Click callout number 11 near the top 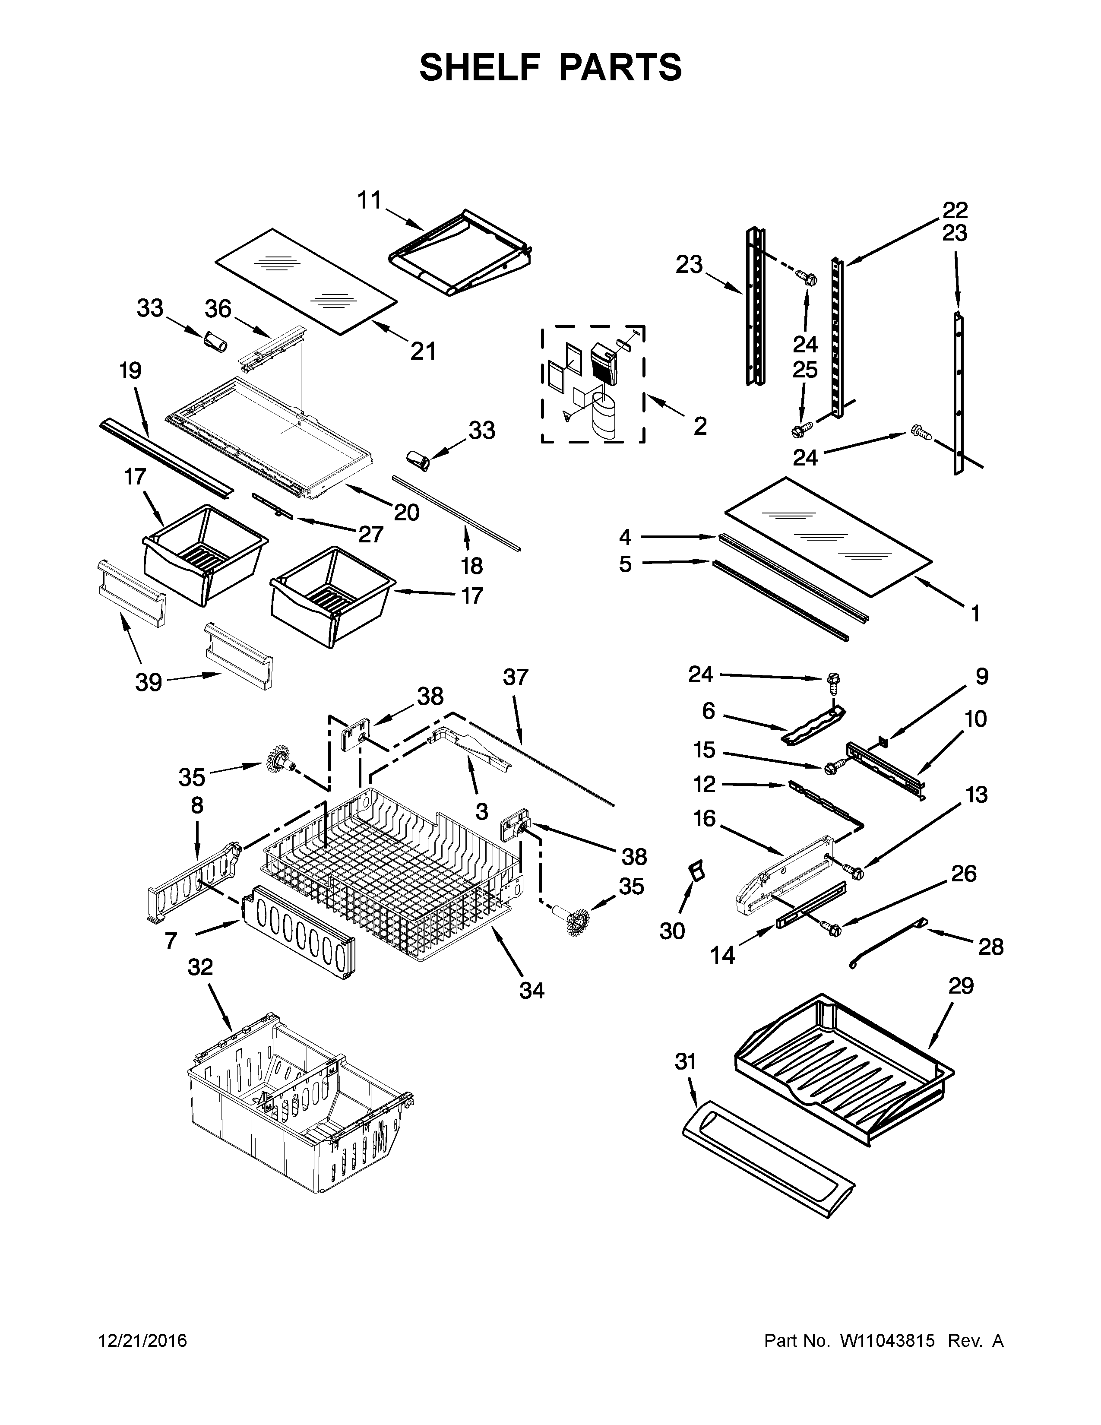click(x=369, y=200)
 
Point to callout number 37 click(x=515, y=677)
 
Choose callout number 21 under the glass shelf click(x=423, y=351)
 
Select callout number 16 click(x=705, y=818)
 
